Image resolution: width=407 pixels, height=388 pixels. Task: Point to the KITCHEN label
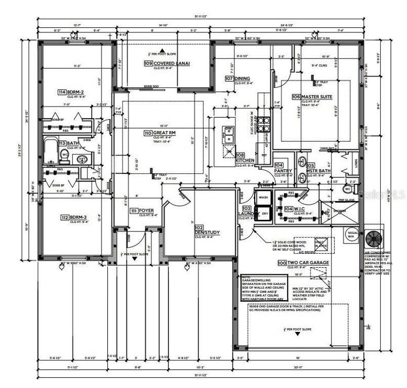pos(245,161)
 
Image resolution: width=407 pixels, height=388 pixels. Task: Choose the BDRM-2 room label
pos(72,92)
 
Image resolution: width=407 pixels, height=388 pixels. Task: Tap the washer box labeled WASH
pos(263,197)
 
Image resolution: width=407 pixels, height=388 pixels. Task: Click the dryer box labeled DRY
pos(264,214)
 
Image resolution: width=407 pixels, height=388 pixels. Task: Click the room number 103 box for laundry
pos(247,208)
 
